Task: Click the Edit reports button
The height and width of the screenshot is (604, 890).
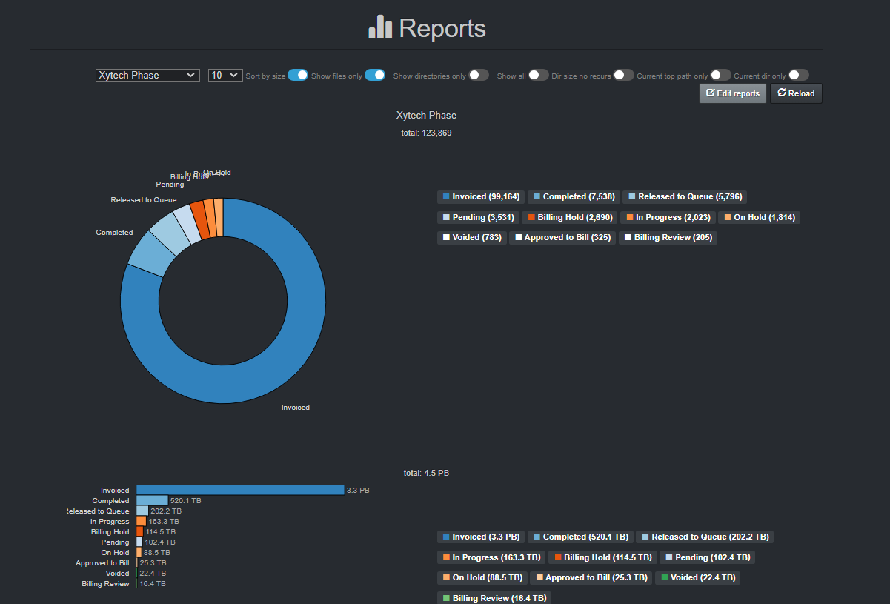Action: [x=732, y=93]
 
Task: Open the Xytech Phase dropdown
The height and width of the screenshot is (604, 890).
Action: [x=147, y=75]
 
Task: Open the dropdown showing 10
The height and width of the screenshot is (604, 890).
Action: [x=225, y=75]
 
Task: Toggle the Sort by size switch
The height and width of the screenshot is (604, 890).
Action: [x=297, y=75]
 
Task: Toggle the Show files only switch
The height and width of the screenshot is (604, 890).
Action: [x=375, y=75]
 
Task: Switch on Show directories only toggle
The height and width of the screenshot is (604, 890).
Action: [x=479, y=75]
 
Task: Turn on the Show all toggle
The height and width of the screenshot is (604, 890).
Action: [x=538, y=75]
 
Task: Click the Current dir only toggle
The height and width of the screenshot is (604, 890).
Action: [x=799, y=75]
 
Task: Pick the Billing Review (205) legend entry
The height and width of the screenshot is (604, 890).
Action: [x=668, y=238]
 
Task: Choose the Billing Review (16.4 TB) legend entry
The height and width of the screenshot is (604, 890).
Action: [x=494, y=598]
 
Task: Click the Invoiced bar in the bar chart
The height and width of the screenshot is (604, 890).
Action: [x=240, y=490]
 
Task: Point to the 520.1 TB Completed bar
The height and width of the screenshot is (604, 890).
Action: [x=152, y=500]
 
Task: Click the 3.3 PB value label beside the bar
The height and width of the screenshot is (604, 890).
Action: [x=358, y=491]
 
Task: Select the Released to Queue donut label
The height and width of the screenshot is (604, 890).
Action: [x=144, y=200]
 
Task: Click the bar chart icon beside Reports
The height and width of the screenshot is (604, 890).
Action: [x=380, y=27]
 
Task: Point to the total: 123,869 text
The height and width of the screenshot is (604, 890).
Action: [x=426, y=133]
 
